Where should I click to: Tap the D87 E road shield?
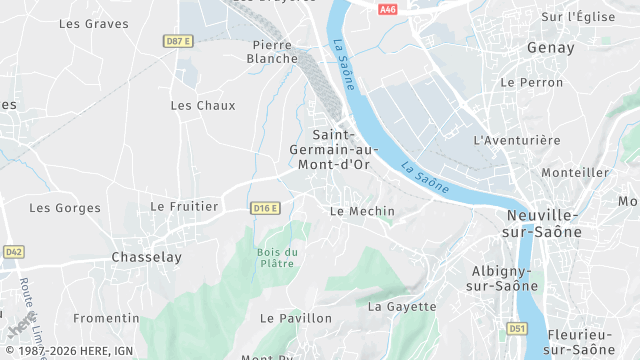tap(178, 41)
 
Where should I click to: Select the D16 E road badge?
tap(265, 208)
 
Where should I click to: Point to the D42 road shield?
tap(13, 252)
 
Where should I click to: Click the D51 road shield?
tap(516, 328)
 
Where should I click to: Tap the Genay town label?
tap(551, 48)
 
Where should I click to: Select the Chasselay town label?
tap(147, 257)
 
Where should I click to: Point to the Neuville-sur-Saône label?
tap(544, 223)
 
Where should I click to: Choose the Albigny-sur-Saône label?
tap(502, 278)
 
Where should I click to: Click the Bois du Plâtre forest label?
tap(277, 257)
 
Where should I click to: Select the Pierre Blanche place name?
tap(272, 51)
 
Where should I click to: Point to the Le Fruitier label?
tap(184, 206)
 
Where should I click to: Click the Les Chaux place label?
tap(203, 105)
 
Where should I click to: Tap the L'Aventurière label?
tap(517, 140)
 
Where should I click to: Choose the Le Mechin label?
tap(362, 211)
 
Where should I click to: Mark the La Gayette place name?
tap(403, 306)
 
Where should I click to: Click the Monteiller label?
tap(575, 172)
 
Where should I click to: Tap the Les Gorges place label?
tap(65, 208)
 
